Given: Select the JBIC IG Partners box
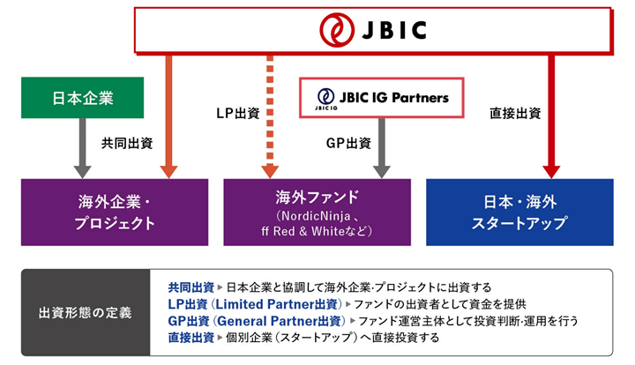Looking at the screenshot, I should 382,99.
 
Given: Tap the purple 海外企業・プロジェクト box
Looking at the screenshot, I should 115,212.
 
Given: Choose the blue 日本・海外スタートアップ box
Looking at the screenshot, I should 519,212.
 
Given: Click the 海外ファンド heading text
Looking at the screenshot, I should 317,196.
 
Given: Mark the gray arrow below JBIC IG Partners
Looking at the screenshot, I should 383,145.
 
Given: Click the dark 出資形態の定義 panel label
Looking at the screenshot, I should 85,313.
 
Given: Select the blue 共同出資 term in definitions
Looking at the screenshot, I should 190,287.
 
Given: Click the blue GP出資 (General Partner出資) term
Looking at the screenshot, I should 258,321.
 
